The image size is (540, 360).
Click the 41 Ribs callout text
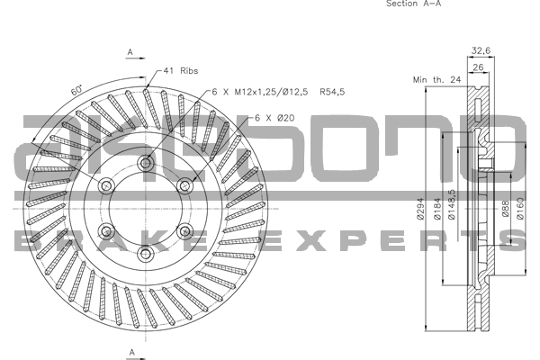181,71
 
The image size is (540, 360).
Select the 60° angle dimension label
76,90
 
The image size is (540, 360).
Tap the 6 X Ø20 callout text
274,118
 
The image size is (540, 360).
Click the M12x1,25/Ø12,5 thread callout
271,92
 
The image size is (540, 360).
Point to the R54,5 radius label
332,92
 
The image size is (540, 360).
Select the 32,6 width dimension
481,51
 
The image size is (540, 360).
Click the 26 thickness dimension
479,67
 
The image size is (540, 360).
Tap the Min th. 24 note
436,80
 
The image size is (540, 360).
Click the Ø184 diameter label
437,209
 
